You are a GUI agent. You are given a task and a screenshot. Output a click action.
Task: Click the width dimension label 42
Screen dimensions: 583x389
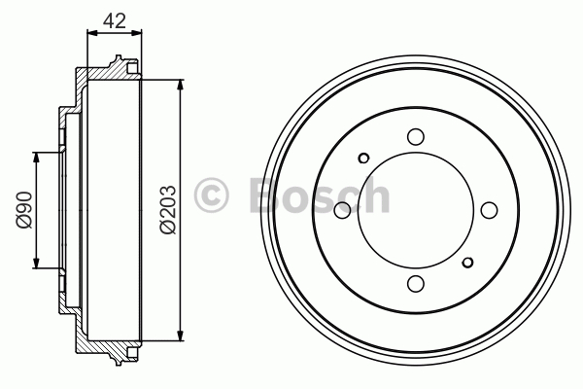click(115, 20)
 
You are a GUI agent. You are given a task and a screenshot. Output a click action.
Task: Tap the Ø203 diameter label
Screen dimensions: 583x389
click(168, 210)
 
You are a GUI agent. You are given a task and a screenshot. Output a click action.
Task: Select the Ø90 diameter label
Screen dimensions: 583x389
click(24, 210)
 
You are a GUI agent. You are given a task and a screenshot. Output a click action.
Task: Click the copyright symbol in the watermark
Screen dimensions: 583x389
click(211, 195)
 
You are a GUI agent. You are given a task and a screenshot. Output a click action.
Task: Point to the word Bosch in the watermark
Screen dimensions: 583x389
click(320, 195)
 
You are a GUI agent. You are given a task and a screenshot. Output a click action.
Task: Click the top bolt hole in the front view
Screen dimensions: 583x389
click(416, 136)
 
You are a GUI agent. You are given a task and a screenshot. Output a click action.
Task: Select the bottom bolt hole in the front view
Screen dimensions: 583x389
click(416, 283)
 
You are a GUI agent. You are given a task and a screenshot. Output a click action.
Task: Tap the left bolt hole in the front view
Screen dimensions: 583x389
click(342, 210)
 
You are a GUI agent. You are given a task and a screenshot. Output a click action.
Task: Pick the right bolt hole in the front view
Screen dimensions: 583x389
click(489, 210)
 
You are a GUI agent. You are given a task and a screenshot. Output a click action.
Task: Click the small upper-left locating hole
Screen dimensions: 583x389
click(363, 159)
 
